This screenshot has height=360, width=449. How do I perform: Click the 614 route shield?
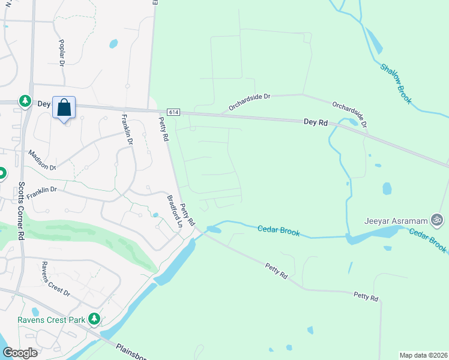click(173, 112)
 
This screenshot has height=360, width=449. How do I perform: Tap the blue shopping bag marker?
click(64, 108)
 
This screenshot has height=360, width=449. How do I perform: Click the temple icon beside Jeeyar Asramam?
click(438, 220)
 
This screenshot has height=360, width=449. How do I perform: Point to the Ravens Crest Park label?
click(52, 320)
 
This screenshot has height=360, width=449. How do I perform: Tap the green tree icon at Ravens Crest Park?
click(94, 319)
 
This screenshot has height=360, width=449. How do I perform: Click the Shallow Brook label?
click(396, 82)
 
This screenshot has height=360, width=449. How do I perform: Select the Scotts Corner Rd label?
click(20, 211)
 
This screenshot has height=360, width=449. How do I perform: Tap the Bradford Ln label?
click(174, 211)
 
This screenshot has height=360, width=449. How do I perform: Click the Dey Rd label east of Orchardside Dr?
click(315, 122)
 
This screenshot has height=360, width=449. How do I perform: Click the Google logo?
click(20, 352)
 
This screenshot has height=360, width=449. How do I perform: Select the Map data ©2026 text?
click(423, 355)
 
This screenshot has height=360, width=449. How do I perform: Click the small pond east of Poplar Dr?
click(113, 43)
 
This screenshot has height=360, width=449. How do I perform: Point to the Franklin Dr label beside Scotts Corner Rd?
click(41, 190)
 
